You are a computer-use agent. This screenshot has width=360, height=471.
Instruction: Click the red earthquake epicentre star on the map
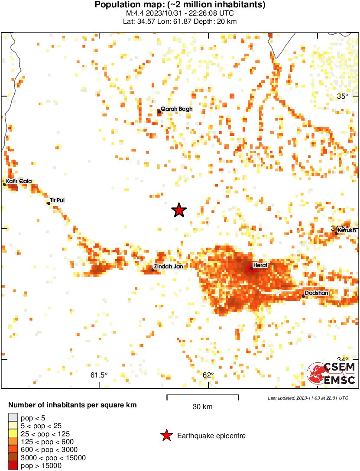179,210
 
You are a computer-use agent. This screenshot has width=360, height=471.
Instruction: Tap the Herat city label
260,265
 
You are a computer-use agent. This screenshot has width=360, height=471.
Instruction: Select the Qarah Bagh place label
176,109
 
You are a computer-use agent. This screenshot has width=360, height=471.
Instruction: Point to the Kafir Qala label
19,181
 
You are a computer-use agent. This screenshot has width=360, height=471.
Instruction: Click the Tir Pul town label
57,200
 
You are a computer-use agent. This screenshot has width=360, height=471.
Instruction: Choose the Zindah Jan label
169,267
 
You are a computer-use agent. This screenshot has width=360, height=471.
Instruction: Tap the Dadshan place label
316,293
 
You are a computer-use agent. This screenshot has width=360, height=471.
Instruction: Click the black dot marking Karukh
336,233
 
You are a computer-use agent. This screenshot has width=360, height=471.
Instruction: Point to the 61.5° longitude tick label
99,375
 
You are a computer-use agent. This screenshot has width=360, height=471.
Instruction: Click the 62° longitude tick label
208,375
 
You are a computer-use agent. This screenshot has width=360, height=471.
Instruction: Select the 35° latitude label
343,97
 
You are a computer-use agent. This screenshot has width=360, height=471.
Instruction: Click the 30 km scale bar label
202,406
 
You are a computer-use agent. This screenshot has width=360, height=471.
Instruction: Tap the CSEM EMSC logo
331,374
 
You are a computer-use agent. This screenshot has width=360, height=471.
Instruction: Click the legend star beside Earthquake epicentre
166,436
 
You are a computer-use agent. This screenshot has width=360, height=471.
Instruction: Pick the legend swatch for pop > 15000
13,466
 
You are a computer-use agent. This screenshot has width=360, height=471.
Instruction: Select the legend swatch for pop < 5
13,417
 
